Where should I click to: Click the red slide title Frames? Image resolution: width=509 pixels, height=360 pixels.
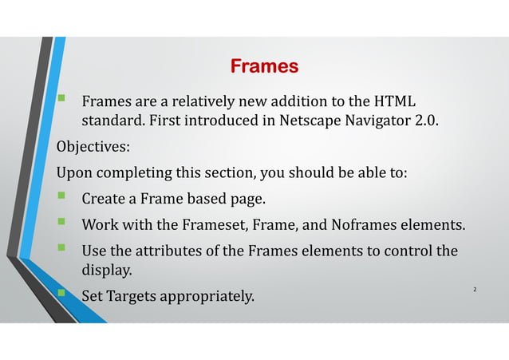pos(264,65)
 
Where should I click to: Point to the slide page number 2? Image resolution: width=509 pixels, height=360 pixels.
pos(474,287)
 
